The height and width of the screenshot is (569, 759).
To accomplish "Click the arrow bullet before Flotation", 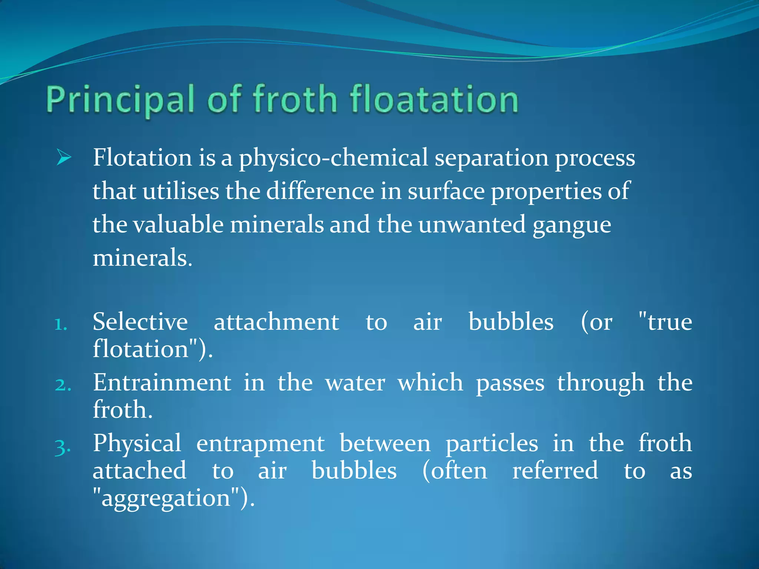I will tap(64, 158).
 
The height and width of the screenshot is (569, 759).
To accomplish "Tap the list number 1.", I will tap(60, 325).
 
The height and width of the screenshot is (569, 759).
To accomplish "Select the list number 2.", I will tap(63, 385).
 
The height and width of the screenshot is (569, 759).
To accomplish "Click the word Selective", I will tap(140, 322).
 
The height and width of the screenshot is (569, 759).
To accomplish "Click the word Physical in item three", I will tap(137, 443).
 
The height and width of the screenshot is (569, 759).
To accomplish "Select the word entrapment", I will tap(260, 443).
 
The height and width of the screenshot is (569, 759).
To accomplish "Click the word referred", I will tap(555, 471).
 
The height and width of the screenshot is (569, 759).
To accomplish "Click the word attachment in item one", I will tap(276, 322).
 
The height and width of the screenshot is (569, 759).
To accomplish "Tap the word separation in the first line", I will tap(491, 158).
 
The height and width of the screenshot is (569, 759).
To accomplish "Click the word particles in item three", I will tap(491, 443).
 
